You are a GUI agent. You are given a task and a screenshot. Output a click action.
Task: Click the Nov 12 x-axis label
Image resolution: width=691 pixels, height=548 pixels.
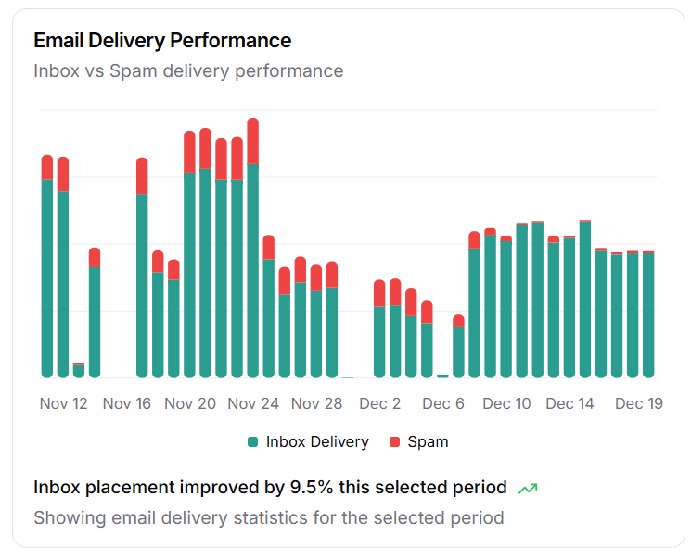[64, 404]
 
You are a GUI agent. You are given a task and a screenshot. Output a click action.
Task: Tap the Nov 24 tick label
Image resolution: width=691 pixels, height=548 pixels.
[253, 404]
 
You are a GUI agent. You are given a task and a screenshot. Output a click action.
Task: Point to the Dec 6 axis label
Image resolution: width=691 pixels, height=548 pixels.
[443, 404]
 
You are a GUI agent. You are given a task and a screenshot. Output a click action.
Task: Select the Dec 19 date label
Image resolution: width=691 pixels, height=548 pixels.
[638, 404]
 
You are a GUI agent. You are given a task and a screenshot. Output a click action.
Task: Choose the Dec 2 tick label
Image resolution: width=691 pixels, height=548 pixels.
[380, 404]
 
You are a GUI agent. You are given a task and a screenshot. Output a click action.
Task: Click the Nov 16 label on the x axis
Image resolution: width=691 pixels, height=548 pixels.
[127, 404]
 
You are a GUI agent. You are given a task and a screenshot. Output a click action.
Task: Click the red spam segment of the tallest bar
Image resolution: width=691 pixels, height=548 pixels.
[253, 141]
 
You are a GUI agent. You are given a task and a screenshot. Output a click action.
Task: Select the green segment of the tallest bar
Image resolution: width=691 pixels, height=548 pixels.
[253, 269]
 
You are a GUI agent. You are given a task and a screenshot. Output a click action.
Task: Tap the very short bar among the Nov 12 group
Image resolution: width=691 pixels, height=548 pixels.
[79, 370]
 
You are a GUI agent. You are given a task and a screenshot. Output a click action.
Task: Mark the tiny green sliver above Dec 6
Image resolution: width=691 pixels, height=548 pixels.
[442, 376]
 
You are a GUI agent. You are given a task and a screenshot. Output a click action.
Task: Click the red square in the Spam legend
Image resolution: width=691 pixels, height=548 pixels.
[394, 442]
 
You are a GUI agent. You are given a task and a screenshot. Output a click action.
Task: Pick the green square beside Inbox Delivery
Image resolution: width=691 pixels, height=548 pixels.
[252, 442]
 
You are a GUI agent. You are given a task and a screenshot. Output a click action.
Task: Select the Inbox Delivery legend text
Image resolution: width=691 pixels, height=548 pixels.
[317, 442]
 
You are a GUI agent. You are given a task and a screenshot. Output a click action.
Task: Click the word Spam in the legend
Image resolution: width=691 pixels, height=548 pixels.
[428, 442]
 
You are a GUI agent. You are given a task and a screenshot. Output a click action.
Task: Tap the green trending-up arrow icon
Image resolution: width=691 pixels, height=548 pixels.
[528, 488]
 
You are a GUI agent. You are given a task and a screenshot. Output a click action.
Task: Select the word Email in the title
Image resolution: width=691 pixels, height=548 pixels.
[58, 41]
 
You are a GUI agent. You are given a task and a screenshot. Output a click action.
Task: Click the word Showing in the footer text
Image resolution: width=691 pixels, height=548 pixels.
[70, 517]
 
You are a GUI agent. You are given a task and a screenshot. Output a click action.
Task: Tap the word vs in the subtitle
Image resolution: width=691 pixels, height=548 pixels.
[93, 71]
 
